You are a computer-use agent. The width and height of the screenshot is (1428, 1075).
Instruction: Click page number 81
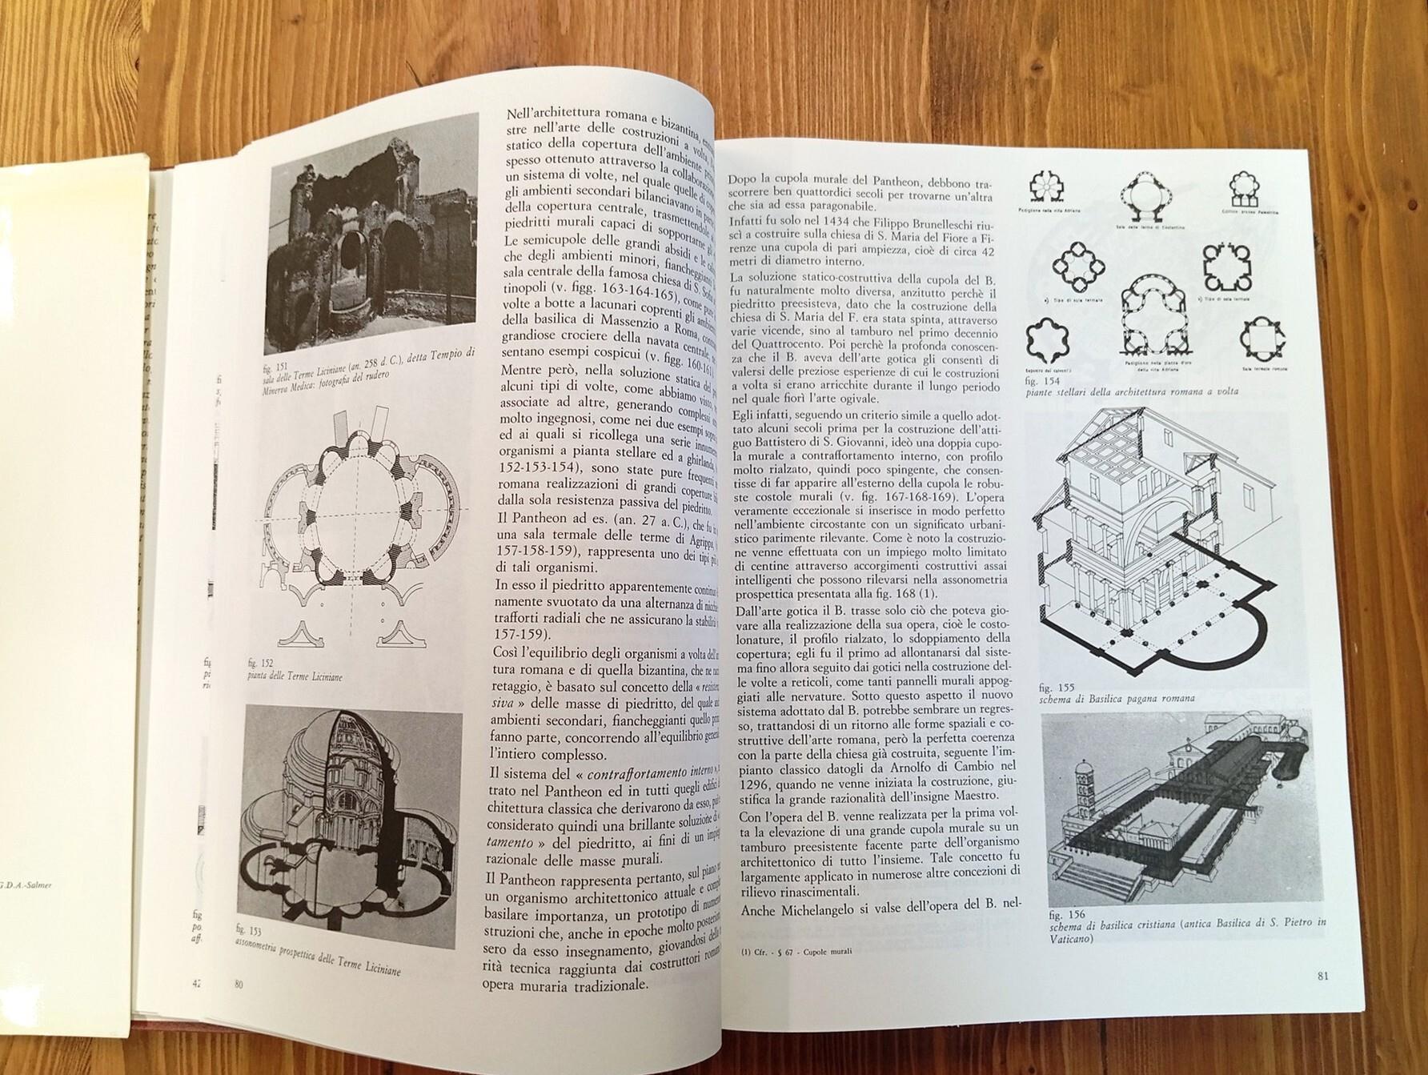pos(1322,975)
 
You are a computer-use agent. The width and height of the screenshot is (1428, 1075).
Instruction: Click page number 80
pos(237,985)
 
